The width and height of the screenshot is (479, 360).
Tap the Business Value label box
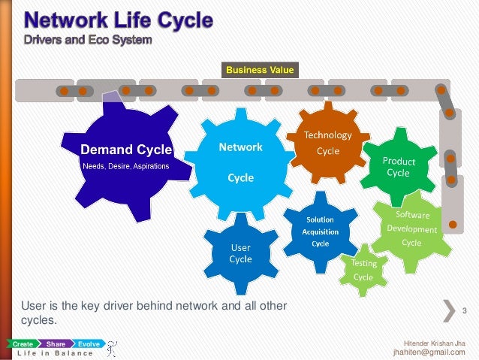(x=261, y=70)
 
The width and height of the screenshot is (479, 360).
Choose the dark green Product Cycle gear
(x=397, y=167)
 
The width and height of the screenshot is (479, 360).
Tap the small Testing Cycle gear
(x=363, y=270)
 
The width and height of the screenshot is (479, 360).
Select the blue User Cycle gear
(x=240, y=253)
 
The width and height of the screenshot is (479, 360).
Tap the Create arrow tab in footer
(x=20, y=343)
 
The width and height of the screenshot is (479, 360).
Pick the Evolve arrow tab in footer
(x=89, y=343)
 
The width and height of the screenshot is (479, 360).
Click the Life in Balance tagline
(x=53, y=352)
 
